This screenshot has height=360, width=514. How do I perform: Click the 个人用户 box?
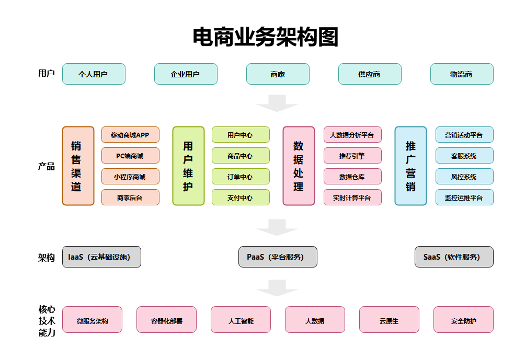[94, 74]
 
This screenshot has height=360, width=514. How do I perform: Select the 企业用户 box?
[186, 74]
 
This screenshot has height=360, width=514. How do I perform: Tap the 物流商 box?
[462, 74]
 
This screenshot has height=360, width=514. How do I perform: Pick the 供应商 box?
[370, 74]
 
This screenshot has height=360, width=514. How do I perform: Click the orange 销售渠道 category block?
[78, 166]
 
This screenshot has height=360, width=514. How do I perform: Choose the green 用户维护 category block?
[188, 166]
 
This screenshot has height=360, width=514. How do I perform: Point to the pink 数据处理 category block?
[299, 166]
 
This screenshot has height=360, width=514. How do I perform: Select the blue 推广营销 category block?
[410, 166]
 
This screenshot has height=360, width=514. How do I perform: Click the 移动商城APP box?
[130, 135]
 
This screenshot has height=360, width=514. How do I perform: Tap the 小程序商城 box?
[130, 177]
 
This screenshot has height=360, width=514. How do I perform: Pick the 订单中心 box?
[241, 177]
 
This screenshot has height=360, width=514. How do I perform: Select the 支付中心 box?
[241, 198]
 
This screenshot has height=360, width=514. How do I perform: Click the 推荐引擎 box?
[352, 156]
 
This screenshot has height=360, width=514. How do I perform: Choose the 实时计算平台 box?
[352, 198]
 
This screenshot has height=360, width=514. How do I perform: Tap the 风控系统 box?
[464, 177]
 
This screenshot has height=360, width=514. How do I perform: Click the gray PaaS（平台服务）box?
[278, 257]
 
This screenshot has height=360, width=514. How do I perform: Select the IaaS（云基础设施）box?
[101, 257]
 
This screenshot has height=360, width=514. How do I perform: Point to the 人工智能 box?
[241, 320]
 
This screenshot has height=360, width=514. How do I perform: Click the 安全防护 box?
[463, 320]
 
